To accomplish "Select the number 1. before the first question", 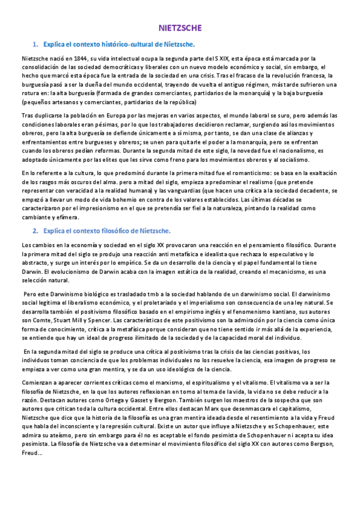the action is click(35, 44).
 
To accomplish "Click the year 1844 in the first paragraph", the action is click(79, 58).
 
